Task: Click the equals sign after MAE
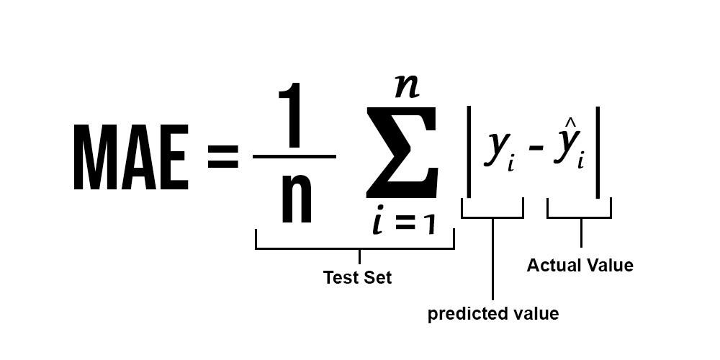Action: coord(222,158)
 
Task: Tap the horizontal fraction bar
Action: coord(294,156)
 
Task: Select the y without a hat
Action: coord(497,150)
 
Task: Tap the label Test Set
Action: coord(357,277)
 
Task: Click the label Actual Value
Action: coord(580,266)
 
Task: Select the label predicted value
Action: coord(492,314)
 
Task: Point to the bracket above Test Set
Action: coord(355,248)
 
